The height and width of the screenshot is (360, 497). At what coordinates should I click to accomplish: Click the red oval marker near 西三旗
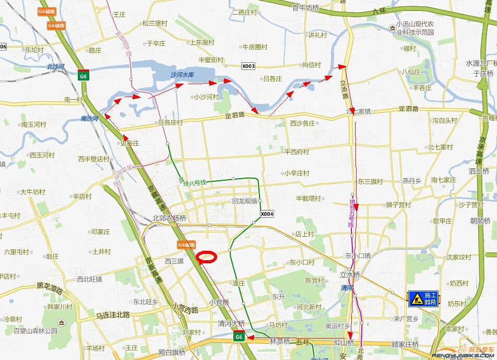click(x=207, y=256)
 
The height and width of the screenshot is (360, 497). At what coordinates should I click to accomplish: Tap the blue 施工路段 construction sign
click(x=423, y=298)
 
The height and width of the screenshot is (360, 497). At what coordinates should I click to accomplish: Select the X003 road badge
click(x=249, y=66)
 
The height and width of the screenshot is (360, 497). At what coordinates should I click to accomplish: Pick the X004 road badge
click(x=267, y=214)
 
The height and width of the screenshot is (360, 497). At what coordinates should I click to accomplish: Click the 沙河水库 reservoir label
click(x=182, y=75)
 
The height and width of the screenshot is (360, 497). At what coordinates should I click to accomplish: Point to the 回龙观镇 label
click(x=245, y=201)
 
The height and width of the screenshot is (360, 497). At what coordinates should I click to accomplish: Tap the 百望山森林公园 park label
click(x=35, y=331)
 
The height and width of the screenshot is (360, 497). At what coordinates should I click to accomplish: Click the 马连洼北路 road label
click(x=112, y=315)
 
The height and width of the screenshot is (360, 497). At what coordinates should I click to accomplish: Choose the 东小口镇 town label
click(x=357, y=256)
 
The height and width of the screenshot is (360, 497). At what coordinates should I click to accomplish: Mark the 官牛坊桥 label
click(x=305, y=8)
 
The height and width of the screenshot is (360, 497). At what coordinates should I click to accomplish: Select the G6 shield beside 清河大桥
click(x=239, y=336)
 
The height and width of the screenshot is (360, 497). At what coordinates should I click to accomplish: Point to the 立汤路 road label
click(x=344, y=86)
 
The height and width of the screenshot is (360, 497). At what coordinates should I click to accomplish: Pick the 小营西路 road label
click(x=185, y=309)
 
